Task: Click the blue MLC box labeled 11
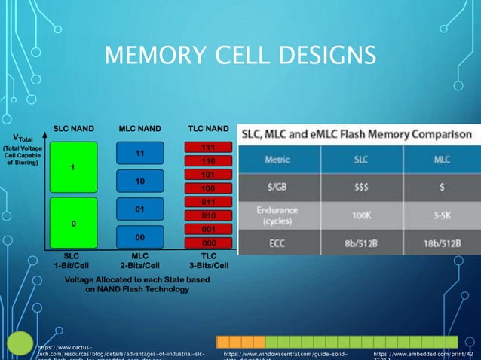point(139,154)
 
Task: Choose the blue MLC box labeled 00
point(139,236)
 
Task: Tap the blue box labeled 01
point(139,209)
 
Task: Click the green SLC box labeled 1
point(72,166)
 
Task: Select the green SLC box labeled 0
point(72,223)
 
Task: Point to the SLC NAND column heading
point(73,129)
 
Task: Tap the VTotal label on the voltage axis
point(22,139)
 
